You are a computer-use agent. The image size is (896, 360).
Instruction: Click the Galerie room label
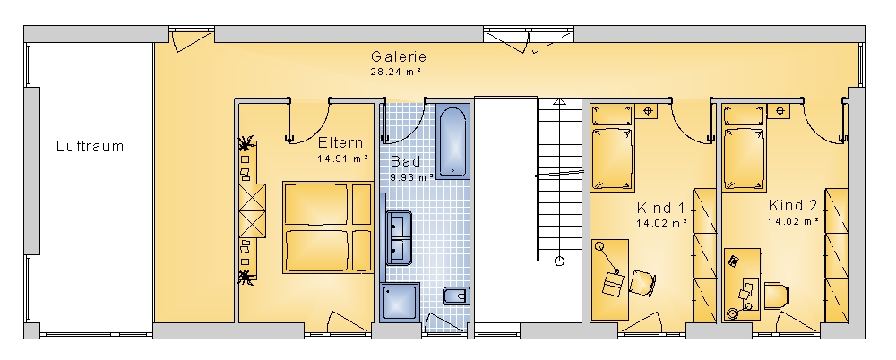399,56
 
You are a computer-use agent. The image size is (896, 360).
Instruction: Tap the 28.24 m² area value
396,72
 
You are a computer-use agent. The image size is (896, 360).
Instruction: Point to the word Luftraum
90,146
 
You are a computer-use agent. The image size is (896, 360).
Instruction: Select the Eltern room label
340,142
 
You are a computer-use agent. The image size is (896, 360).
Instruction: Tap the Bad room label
406,161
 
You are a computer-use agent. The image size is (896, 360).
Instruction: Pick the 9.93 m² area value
412,176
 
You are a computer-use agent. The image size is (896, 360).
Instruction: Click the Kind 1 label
660,207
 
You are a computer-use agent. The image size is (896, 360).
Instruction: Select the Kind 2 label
793,205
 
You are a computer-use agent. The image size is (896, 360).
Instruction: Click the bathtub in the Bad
453,141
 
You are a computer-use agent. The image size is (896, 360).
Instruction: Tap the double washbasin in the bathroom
399,237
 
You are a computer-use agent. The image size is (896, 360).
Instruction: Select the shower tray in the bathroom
400,303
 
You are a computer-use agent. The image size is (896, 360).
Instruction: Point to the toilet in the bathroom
457,296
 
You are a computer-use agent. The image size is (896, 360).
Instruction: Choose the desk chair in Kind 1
642,283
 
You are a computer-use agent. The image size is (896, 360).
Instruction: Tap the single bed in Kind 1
613,149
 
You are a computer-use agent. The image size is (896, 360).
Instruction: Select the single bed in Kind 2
745,149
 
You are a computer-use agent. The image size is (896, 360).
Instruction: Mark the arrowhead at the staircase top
560,102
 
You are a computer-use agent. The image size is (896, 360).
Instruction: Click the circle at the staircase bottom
559,261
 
